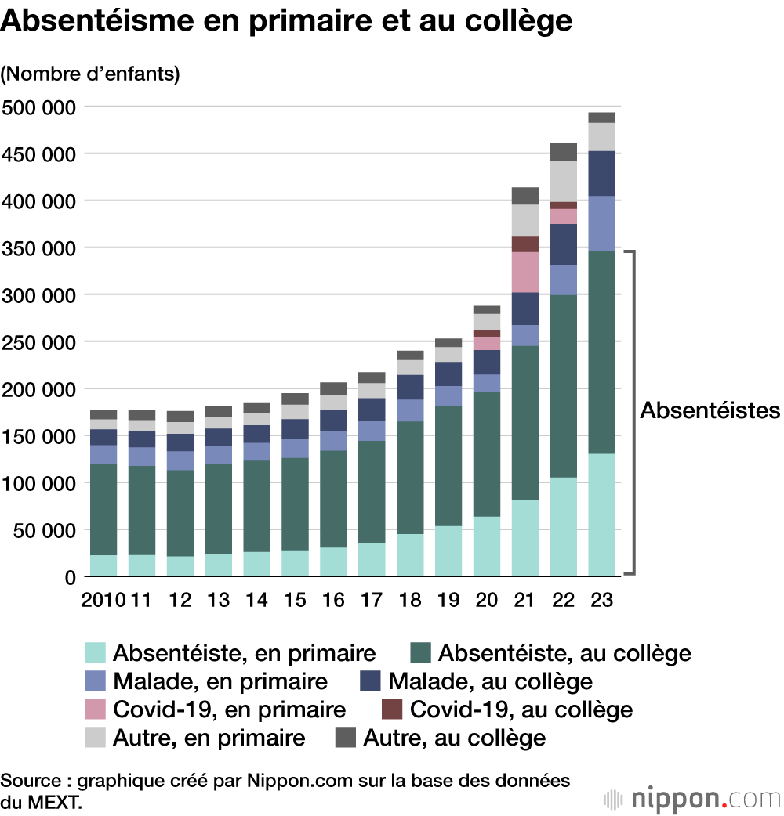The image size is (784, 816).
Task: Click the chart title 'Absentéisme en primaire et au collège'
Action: pos(286,21)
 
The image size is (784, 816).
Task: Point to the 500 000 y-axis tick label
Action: pos(40,107)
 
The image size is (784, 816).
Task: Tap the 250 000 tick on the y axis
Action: pos(40,342)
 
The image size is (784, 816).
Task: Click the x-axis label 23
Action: pos(602,600)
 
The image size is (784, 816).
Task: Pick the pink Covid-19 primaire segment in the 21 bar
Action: pos(525,272)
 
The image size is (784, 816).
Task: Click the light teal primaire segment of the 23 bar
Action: pos(602,515)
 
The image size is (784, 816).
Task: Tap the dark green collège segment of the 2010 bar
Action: pos(103,509)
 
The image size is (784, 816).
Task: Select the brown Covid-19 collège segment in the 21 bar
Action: pos(525,244)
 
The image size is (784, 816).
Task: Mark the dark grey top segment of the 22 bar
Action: pos(564,151)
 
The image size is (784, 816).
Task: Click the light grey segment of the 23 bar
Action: pos(602,136)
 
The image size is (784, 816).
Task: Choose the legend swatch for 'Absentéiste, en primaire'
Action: pos(95,652)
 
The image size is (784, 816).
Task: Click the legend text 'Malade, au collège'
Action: pos(490,681)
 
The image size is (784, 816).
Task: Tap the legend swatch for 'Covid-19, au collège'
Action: pos(392,709)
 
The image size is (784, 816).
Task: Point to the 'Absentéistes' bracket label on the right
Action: pos(710,410)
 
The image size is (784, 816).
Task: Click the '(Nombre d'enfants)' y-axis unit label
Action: pos(90,74)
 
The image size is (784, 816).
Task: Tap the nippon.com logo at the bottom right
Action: pos(693,798)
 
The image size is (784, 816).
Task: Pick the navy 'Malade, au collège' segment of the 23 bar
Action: pos(602,173)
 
